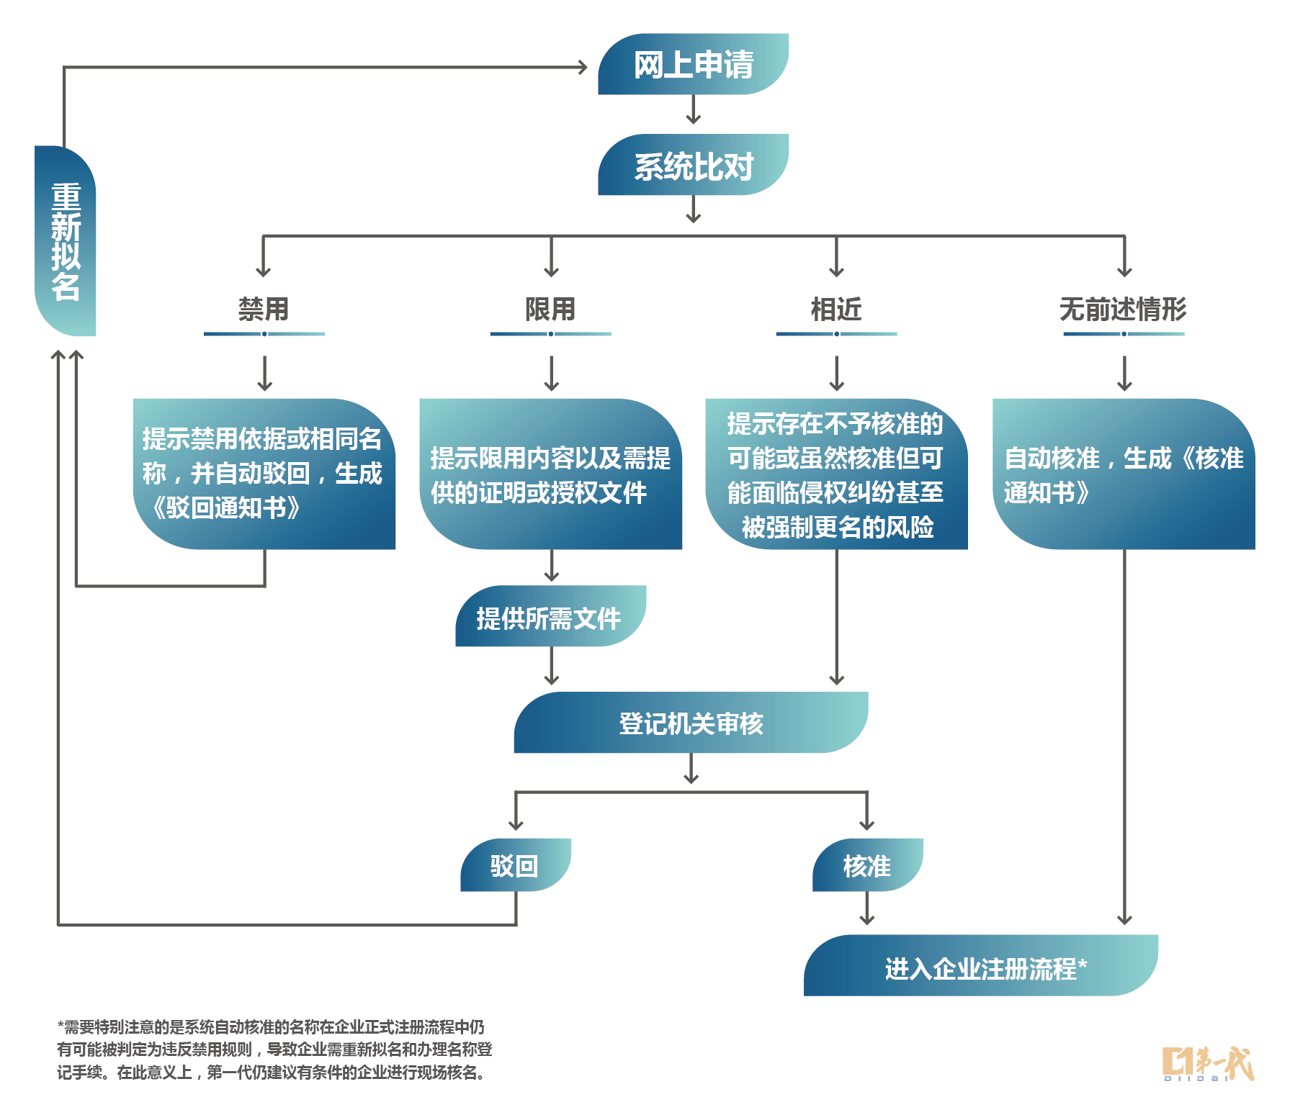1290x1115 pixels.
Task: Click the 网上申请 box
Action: click(693, 65)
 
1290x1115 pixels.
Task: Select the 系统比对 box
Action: click(693, 166)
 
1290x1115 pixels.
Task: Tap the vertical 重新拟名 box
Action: click(66, 241)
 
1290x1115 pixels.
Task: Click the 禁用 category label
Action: click(264, 310)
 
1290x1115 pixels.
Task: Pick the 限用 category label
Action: click(550, 310)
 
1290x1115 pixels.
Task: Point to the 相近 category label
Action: click(836, 310)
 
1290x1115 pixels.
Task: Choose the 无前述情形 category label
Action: click(1123, 310)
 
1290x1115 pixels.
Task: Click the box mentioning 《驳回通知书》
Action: click(264, 474)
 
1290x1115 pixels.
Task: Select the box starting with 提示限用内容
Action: click(550, 474)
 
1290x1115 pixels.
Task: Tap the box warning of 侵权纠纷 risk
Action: click(836, 474)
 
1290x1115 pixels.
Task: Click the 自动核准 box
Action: click(1123, 474)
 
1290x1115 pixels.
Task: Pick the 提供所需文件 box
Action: click(550, 617)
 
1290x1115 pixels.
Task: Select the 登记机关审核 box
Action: click(691, 723)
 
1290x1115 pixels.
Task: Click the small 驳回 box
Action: click(515, 865)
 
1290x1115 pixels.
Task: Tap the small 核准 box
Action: click(867, 865)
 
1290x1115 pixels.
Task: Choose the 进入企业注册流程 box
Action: click(980, 966)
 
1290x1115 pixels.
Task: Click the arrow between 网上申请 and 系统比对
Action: click(693, 110)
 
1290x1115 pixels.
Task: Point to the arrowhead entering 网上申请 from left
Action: click(582, 68)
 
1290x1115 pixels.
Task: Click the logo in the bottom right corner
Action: click(1208, 1064)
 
